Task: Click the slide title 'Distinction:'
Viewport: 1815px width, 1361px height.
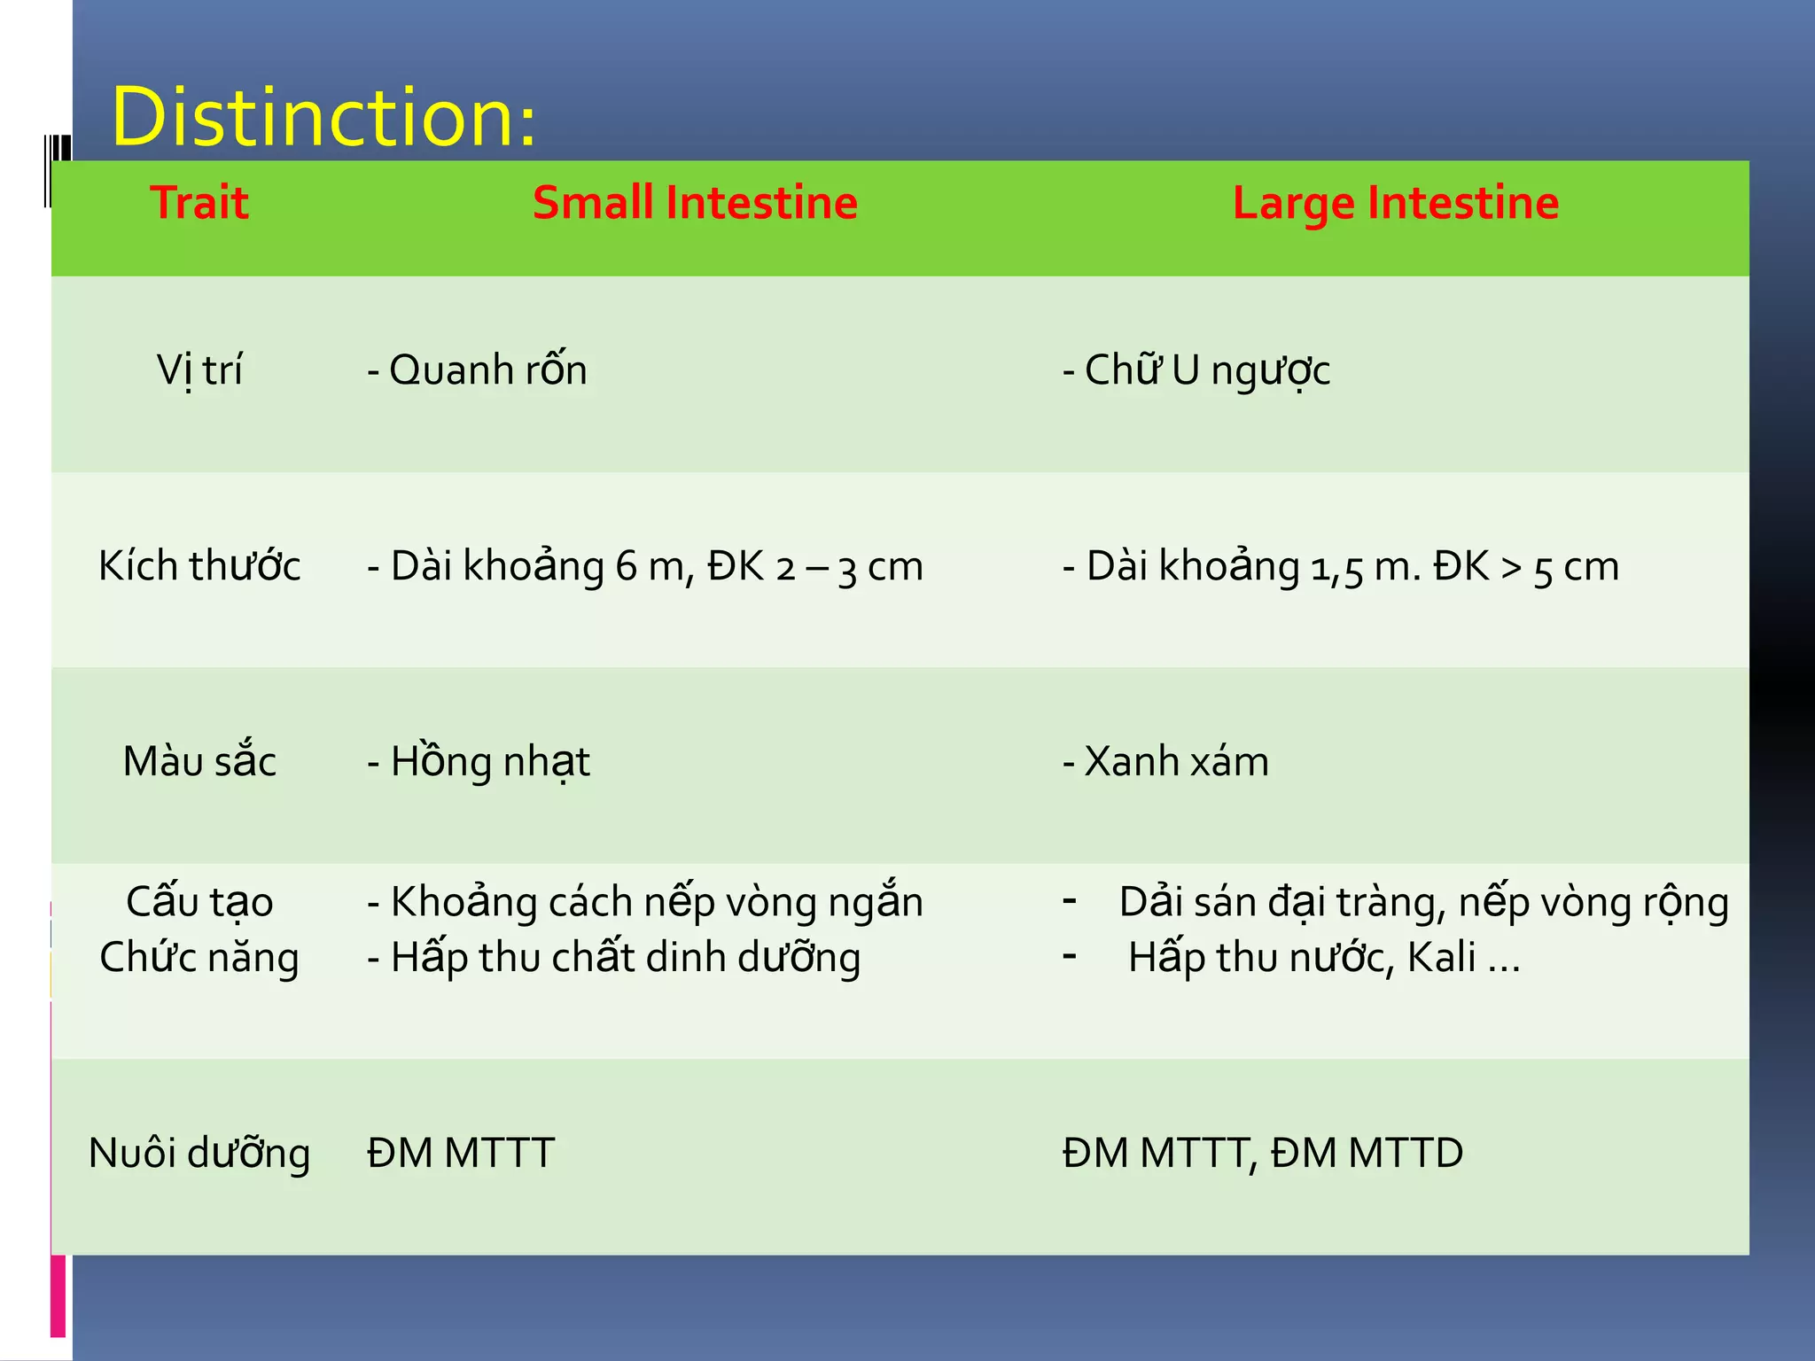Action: pos(323,117)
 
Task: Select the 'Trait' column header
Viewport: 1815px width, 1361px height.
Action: pos(199,203)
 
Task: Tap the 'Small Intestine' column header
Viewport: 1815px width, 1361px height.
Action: pos(695,203)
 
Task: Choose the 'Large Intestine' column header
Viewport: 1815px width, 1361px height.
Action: pos(1396,203)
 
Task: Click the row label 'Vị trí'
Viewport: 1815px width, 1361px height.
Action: pos(199,370)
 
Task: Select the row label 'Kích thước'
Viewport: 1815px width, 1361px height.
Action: pos(199,566)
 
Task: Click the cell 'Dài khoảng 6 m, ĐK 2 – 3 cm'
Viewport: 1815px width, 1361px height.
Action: pos(645,566)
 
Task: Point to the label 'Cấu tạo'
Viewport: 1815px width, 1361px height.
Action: pos(199,902)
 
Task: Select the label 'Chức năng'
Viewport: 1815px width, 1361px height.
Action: pos(199,958)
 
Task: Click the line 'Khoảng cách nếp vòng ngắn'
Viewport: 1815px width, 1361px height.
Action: pos(645,902)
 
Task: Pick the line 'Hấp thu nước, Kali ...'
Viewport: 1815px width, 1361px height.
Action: pos(1324,958)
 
